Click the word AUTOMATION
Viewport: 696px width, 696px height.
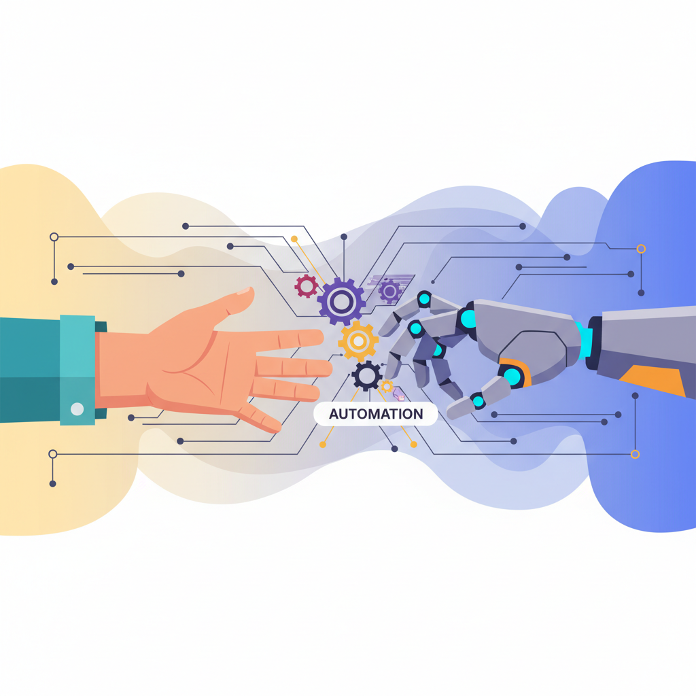click(x=376, y=414)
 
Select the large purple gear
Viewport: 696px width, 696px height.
click(x=341, y=302)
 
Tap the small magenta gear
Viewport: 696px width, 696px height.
click(x=307, y=286)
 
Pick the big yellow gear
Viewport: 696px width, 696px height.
click(x=358, y=341)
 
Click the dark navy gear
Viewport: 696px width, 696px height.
click(x=366, y=376)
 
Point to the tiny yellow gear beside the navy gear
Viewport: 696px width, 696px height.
click(x=387, y=386)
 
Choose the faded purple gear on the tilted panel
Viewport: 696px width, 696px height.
click(x=389, y=291)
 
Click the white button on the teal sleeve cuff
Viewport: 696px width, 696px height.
click(x=77, y=408)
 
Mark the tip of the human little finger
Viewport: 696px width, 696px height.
click(x=277, y=429)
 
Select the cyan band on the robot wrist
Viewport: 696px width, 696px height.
click(x=583, y=339)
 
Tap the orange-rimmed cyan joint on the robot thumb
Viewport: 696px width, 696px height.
click(x=513, y=376)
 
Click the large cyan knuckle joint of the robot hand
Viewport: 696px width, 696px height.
click(x=468, y=319)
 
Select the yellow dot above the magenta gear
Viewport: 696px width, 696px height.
click(x=294, y=239)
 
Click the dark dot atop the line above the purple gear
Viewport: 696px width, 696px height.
click(x=343, y=237)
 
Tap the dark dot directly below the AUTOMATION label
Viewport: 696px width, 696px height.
click(x=394, y=449)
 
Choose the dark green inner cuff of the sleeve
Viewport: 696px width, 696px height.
click(x=101, y=370)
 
